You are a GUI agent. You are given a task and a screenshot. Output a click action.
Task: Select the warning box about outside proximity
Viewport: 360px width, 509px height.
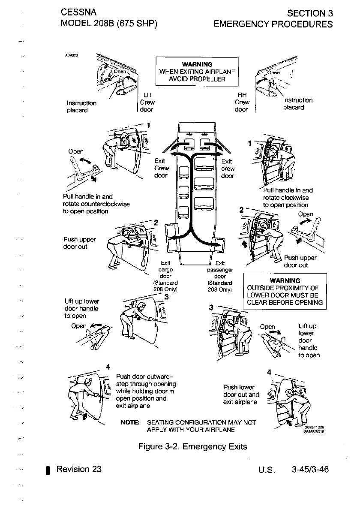coord(285,292)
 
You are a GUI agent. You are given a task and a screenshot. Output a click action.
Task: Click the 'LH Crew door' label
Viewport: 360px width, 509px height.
coord(147,102)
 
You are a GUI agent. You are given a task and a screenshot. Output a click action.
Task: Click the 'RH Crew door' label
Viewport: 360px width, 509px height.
coord(242,102)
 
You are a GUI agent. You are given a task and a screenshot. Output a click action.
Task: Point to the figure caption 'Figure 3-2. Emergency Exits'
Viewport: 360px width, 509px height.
coord(192,446)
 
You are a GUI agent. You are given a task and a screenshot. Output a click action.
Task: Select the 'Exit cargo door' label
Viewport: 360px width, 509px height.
coord(165,276)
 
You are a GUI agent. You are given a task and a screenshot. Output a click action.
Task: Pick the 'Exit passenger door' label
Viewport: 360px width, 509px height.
coord(220,276)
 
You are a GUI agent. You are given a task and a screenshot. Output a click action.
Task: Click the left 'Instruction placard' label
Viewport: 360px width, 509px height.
coord(81,106)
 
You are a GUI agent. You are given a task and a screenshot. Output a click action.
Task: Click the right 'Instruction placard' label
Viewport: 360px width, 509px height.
coord(298,104)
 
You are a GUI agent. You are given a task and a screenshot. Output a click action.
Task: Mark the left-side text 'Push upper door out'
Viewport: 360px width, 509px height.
coord(79,243)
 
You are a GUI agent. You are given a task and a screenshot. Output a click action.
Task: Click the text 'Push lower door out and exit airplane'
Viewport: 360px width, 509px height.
coord(241,395)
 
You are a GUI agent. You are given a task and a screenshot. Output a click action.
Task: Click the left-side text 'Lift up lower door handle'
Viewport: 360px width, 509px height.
coord(81,308)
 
